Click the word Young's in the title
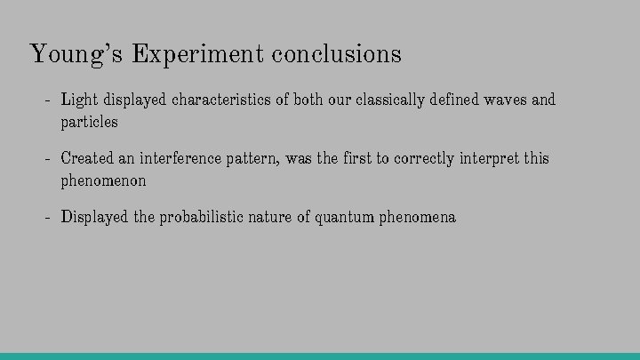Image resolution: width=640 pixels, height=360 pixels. point(77,54)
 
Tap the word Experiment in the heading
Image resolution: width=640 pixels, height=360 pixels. point(197,54)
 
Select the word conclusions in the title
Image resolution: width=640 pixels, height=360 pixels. point(337,54)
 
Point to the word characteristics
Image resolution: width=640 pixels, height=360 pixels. point(220,100)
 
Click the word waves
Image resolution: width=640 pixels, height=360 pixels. point(505,100)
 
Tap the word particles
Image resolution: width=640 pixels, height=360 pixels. point(89,122)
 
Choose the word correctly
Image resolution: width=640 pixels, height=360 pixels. point(424,158)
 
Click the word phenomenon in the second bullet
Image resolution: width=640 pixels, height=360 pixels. point(103,180)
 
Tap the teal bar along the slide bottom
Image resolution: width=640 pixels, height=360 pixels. point(320,356)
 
